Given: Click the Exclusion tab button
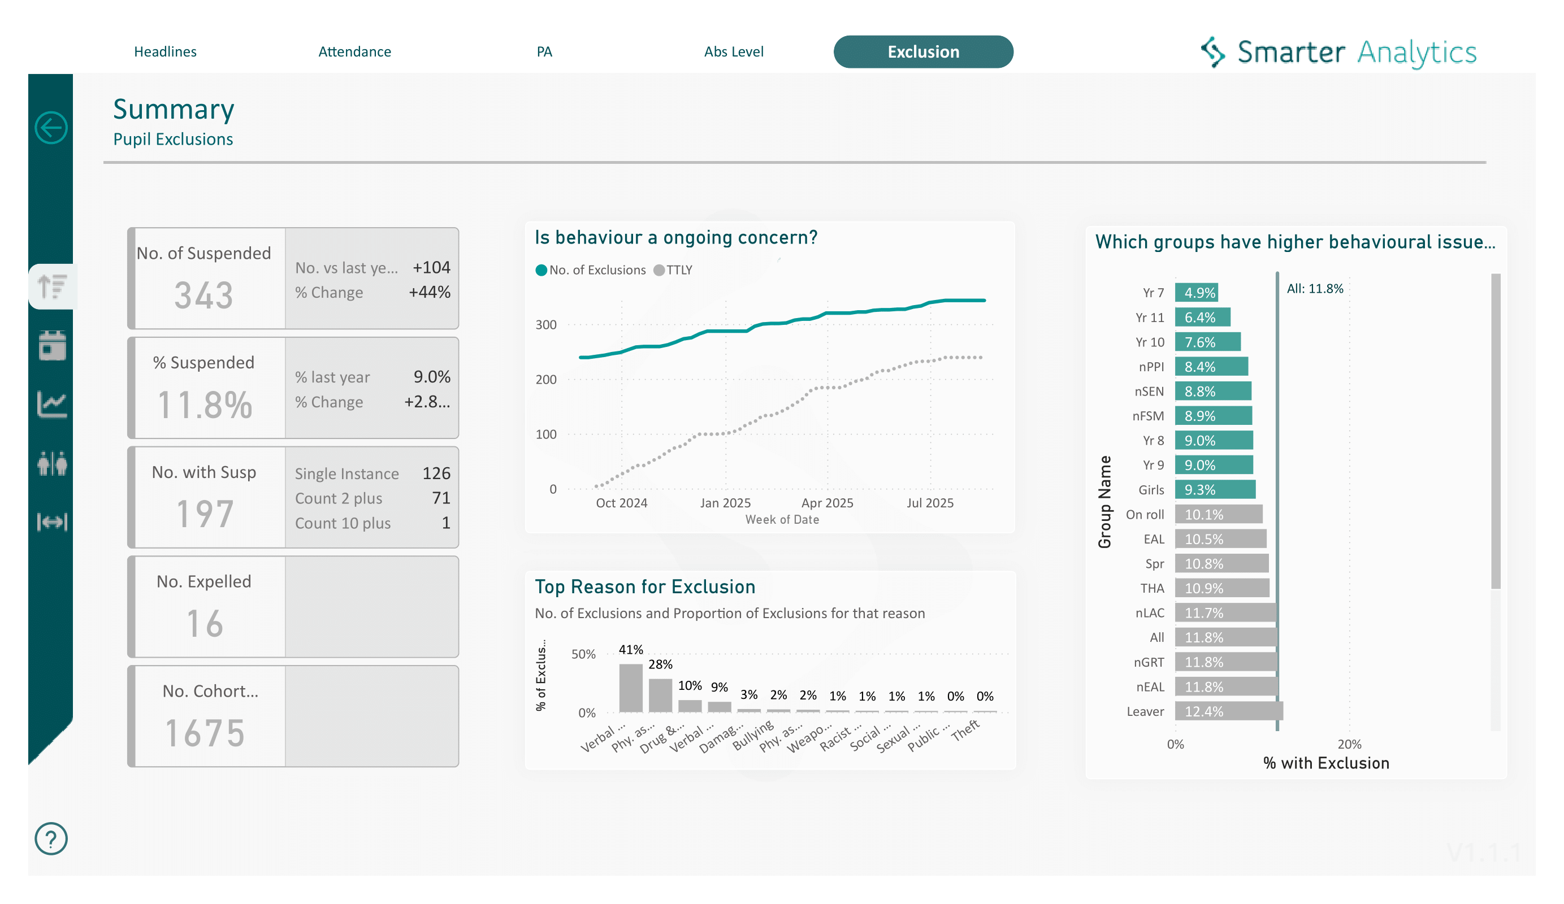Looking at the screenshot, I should pyautogui.click(x=923, y=51).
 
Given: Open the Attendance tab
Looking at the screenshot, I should pyautogui.click(x=354, y=51).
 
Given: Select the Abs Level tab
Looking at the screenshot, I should pyautogui.click(x=733, y=51).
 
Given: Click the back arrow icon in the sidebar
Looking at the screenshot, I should pyautogui.click(x=51, y=128).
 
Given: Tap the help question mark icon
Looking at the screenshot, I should pyautogui.click(x=51, y=838).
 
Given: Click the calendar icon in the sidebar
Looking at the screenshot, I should pyautogui.click(x=52, y=345).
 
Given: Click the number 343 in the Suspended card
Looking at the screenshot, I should pyautogui.click(x=203, y=295).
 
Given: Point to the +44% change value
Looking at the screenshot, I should pyautogui.click(x=429, y=292).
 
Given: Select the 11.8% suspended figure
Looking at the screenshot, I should pyautogui.click(x=205, y=405).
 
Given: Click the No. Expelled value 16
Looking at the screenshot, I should pyautogui.click(x=205, y=624).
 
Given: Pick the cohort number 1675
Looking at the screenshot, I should pyautogui.click(x=205, y=733).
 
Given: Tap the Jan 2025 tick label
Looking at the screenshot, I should pyautogui.click(x=725, y=503).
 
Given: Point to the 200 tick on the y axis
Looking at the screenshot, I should pyautogui.click(x=545, y=380).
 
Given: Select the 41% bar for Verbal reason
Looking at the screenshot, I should pyautogui.click(x=631, y=688).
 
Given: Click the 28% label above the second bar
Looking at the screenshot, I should pyautogui.click(x=660, y=664).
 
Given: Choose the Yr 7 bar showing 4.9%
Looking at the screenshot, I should pyautogui.click(x=1196, y=292).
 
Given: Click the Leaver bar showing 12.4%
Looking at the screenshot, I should pyautogui.click(x=1228, y=711).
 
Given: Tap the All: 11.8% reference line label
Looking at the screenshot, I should pyautogui.click(x=1315, y=289).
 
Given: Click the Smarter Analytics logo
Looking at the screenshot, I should pyautogui.click(x=1338, y=52).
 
